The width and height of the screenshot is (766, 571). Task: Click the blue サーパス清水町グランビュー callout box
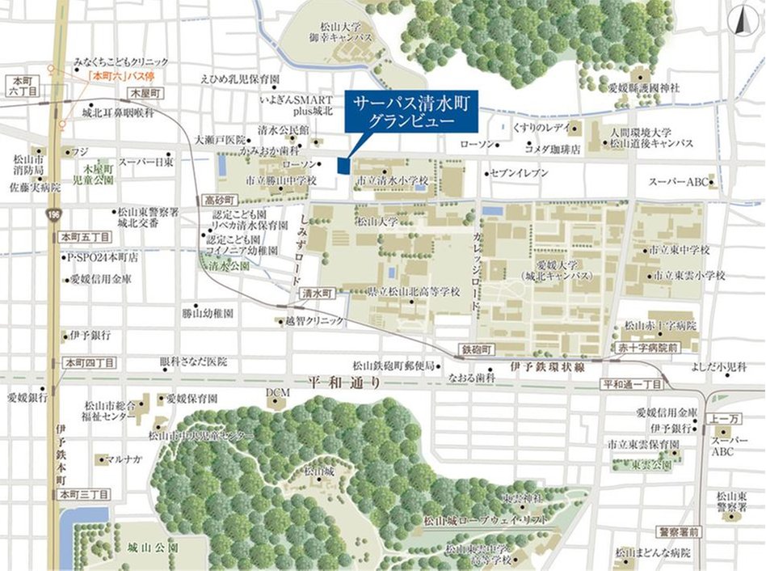(411, 111)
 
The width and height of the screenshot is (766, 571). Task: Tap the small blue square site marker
(343, 165)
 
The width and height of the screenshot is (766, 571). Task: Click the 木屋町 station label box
(145, 95)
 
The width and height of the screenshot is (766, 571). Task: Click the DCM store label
(277, 392)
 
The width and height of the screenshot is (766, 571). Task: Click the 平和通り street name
(345, 383)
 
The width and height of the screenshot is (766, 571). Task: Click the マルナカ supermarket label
(124, 459)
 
